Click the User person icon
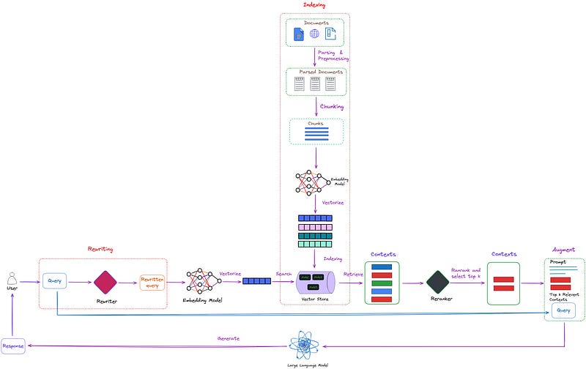[x=11, y=278]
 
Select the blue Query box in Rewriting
[x=55, y=280]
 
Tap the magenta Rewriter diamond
[x=104, y=281]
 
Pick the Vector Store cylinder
[x=315, y=282]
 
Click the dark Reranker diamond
[x=437, y=281]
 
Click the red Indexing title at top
[x=315, y=5]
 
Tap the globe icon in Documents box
[x=314, y=34]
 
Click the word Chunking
[x=331, y=107]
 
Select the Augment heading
[x=564, y=250]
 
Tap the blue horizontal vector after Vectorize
[x=256, y=281]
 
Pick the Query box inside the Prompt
[x=563, y=310]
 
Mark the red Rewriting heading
[x=100, y=249]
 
